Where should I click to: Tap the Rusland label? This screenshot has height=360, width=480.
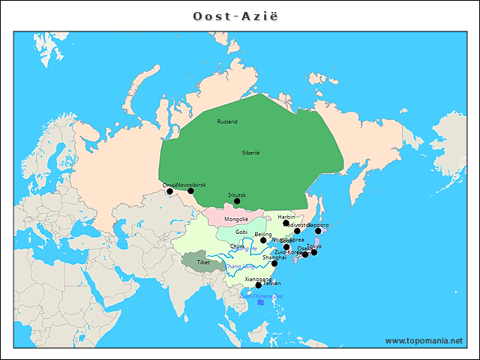227,121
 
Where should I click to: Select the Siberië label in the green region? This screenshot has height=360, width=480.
250,152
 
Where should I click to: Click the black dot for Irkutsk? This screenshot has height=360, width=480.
237,201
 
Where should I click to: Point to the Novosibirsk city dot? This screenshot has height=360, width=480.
190,191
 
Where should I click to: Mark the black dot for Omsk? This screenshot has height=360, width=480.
169,191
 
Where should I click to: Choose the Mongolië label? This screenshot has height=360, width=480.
236,218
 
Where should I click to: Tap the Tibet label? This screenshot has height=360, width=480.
204,263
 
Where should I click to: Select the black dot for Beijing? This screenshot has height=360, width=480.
263,241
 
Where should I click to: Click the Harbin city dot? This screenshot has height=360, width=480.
286,223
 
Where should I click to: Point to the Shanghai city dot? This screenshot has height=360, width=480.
274,263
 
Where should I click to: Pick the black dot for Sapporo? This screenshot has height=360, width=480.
318,230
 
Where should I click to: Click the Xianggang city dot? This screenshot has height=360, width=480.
259,285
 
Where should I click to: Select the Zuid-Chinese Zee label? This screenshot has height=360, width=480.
261,296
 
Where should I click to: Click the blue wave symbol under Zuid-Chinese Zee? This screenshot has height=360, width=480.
261,303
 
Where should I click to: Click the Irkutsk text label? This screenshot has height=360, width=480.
237,194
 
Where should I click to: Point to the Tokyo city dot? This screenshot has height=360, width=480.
314,252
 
